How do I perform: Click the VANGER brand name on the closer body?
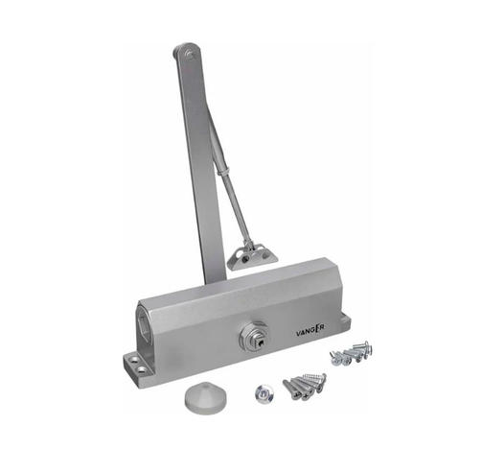[x=310, y=331]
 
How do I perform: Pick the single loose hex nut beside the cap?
[x=264, y=393]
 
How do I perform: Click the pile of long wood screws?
[x=305, y=387]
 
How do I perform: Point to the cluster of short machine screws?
[x=351, y=354]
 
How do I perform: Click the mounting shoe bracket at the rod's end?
[x=252, y=257]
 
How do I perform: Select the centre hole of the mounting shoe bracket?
[x=245, y=259]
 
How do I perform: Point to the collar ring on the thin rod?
[x=222, y=172]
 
